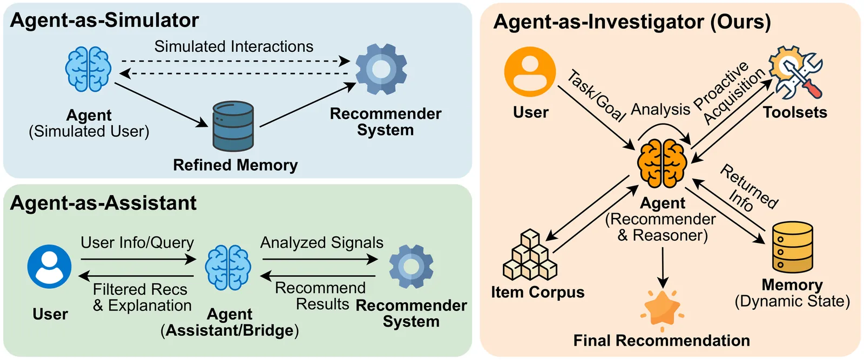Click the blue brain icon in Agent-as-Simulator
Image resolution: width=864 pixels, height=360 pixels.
click(88, 69)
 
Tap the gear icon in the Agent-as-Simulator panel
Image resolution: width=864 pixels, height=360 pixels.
click(381, 69)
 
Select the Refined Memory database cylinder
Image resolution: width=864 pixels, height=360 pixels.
click(233, 126)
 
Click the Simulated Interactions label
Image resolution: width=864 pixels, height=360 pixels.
click(234, 46)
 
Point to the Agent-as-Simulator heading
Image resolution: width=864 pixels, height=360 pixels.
click(104, 21)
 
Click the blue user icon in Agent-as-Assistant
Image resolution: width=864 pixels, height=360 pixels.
click(49, 267)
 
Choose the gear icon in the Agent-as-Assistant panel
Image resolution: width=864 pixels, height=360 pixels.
click(411, 267)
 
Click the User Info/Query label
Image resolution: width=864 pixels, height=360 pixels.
click(137, 243)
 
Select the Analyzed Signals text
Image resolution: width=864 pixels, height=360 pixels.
click(322, 243)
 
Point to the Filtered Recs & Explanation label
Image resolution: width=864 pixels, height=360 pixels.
click(141, 297)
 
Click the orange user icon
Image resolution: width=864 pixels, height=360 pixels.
click(530, 72)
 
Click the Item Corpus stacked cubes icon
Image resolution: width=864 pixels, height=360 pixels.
click(529, 255)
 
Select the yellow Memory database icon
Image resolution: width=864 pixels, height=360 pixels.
click(792, 248)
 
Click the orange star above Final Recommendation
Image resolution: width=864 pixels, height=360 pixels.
click(663, 309)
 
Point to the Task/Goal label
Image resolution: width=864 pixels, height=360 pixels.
click(596, 95)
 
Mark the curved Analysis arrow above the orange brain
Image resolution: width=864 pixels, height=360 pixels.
click(663, 127)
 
